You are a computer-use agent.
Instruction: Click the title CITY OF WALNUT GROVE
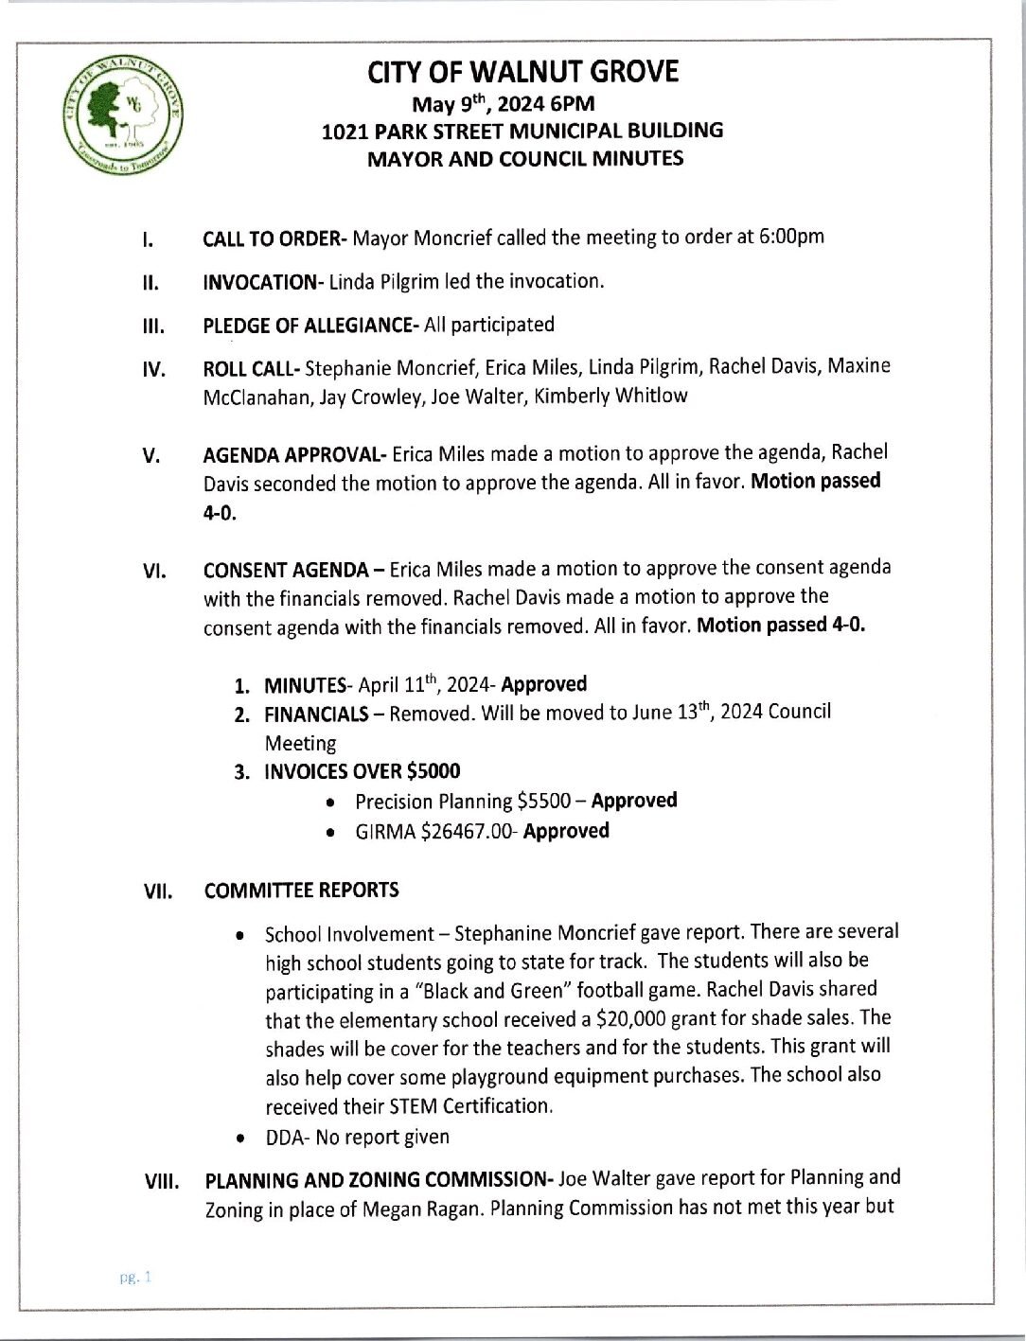pos(522,72)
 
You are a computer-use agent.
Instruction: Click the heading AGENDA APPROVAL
pos(292,455)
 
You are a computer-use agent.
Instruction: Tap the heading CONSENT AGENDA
pos(286,570)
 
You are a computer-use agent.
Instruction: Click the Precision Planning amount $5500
pos(543,802)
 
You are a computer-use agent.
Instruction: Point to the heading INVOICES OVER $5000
pos(362,771)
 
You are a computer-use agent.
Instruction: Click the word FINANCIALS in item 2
pos(316,715)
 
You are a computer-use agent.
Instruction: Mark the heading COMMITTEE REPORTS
pos(301,891)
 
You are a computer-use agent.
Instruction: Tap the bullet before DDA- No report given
pos(243,1138)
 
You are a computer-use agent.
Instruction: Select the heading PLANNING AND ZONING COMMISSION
pos(378,1180)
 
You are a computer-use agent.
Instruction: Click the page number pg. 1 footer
pos(135,1278)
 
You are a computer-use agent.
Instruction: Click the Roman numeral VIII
pos(161,1182)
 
